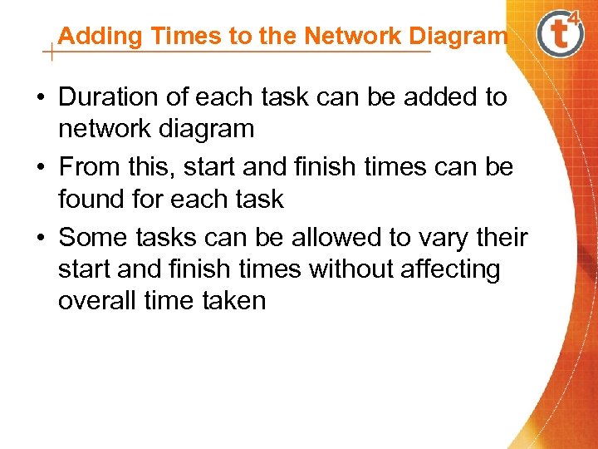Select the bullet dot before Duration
[40, 98]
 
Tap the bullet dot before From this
[40, 168]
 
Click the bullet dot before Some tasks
[40, 239]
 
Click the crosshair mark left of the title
[51, 53]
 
